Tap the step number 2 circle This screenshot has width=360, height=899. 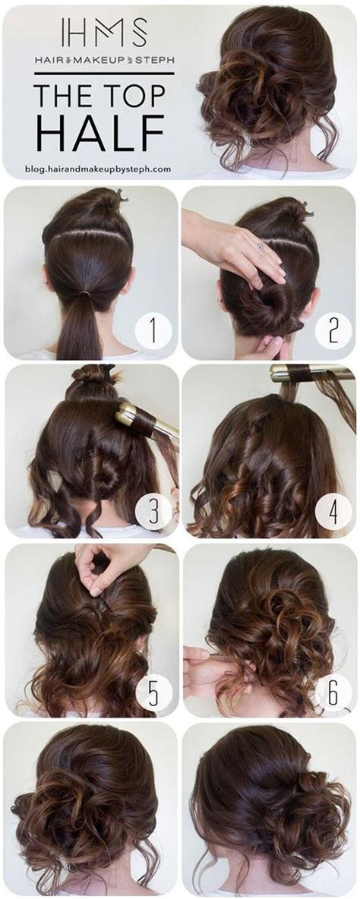pos(332,331)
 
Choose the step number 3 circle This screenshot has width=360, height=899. pos(153,512)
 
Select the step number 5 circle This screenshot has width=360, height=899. pos(154,692)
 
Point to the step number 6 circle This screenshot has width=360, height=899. pos(333,692)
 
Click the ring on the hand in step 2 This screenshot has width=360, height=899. pos(260,246)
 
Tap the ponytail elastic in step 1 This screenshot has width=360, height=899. pos(80,289)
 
